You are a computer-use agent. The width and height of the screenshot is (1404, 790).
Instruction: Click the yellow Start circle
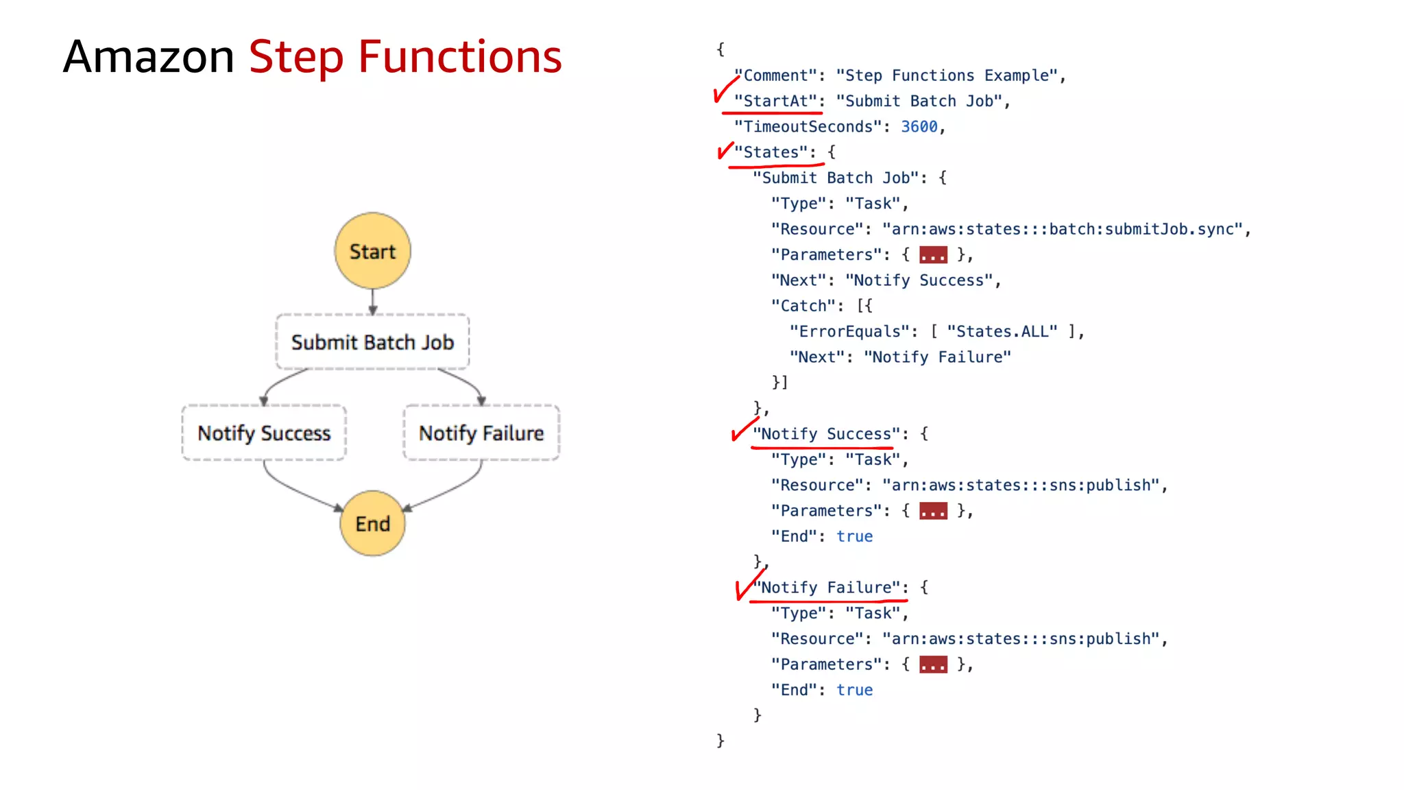coord(372,251)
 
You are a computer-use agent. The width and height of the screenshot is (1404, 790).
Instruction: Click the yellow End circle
coord(372,523)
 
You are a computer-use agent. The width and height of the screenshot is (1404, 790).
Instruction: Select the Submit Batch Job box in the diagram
coord(372,342)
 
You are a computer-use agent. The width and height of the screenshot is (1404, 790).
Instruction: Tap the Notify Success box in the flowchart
coord(264,433)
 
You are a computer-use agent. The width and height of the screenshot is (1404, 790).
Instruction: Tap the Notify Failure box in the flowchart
coord(481,433)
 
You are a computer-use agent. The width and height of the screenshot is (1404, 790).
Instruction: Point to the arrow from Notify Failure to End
coord(452,491)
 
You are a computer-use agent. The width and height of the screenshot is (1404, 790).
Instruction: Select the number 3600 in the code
coord(919,127)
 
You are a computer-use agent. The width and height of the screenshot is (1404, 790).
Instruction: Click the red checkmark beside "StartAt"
coord(723,90)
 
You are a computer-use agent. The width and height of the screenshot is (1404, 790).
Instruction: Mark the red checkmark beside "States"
coord(725,150)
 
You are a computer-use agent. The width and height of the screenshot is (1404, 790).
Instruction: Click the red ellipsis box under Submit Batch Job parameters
coord(933,255)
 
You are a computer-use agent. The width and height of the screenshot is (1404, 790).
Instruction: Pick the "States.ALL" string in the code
coord(1002,332)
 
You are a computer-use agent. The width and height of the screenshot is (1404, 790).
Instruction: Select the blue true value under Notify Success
coord(854,536)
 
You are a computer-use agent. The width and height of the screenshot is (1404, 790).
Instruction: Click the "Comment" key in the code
coord(775,75)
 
